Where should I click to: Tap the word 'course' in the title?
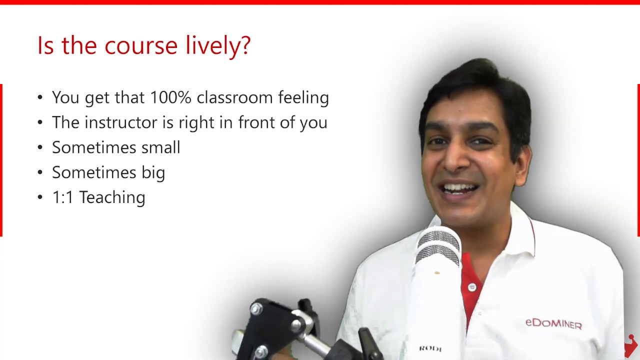coord(141,45)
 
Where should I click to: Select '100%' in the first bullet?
coord(171,97)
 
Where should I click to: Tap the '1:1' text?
coord(63,197)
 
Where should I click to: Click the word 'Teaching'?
coord(112,197)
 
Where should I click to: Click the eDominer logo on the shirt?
coord(553,323)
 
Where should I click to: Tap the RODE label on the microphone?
coord(430,348)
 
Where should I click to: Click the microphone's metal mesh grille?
coord(438,245)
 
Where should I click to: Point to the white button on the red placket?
coord(472,287)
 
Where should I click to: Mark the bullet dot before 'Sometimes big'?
coord(40,172)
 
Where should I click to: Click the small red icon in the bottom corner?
coord(630,344)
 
